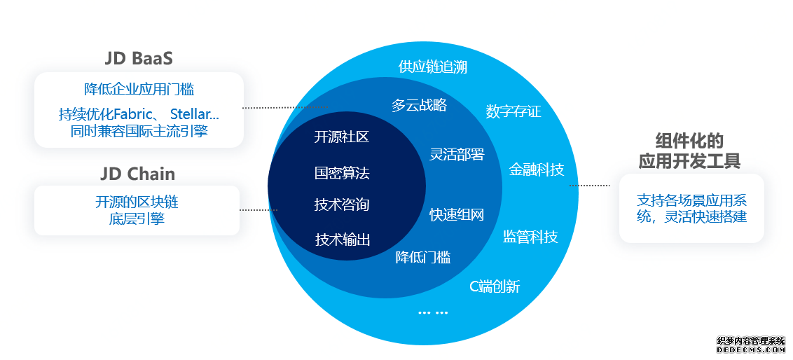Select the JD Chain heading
tap(137, 174)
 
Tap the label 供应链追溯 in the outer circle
tap(432, 67)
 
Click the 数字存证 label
tap(513, 111)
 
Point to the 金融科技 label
tap(536, 169)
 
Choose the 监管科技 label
tap(530, 237)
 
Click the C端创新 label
tap(494, 286)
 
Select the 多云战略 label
tap(419, 105)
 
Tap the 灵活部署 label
tap(457, 154)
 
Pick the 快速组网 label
tap(457, 215)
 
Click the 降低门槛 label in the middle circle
tap(422, 257)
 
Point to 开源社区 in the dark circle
tap(341, 137)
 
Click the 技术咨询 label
tap(342, 205)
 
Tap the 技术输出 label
tap(343, 240)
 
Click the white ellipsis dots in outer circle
tap(433, 312)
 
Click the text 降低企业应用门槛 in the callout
tap(139, 89)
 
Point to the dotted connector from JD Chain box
tap(258, 209)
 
